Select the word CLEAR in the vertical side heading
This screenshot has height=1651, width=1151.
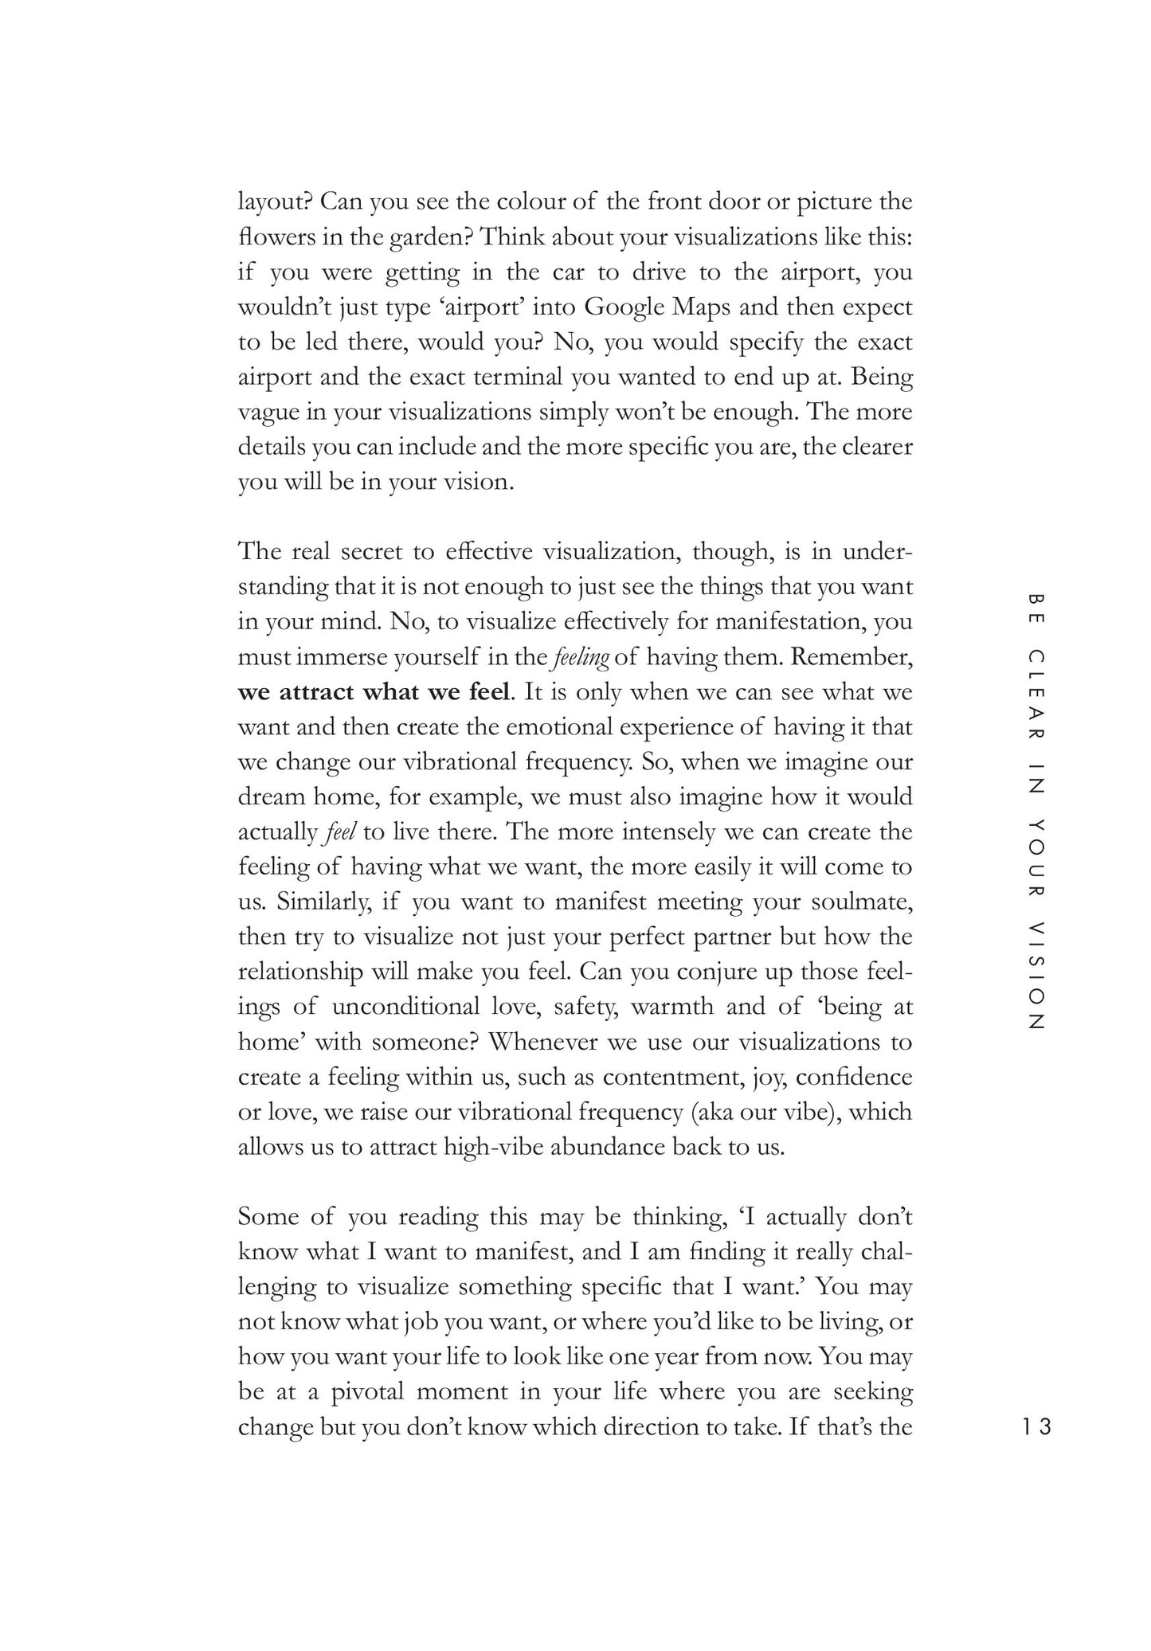tap(1036, 696)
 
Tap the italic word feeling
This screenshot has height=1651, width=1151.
tap(581, 658)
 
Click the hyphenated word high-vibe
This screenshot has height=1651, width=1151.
tap(493, 1148)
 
